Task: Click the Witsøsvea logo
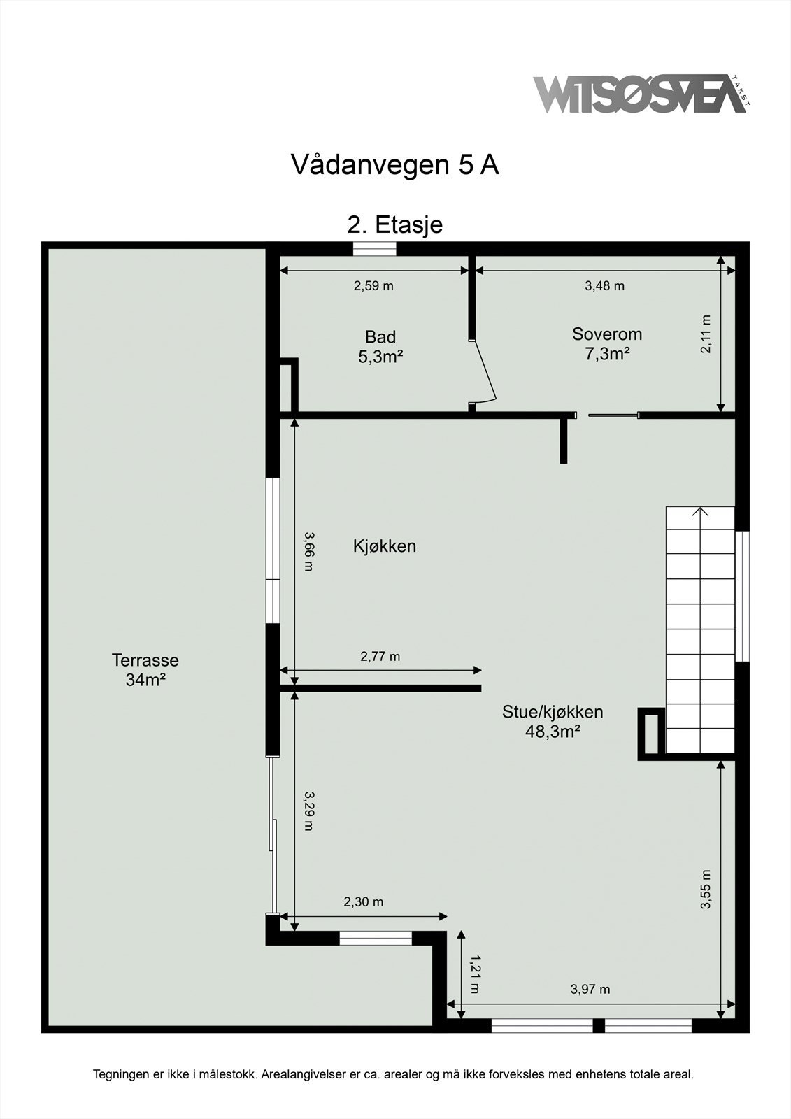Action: click(x=639, y=95)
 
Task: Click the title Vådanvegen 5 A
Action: click(x=394, y=165)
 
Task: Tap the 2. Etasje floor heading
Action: click(x=395, y=225)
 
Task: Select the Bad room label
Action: click(x=380, y=346)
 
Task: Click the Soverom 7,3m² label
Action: click(x=606, y=343)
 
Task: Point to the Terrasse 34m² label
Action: click(x=145, y=669)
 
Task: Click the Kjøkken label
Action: click(x=384, y=546)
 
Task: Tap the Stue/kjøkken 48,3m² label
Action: click(x=553, y=722)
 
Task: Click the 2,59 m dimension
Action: click(x=373, y=285)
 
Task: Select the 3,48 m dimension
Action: click(x=604, y=285)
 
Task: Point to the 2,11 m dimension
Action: click(x=706, y=334)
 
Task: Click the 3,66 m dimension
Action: click(x=308, y=551)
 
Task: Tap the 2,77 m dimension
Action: click(x=380, y=656)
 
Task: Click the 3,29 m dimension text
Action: click(x=308, y=811)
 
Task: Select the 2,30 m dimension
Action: click(x=363, y=902)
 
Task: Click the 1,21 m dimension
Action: click(x=475, y=974)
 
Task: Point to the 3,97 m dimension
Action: click(x=590, y=989)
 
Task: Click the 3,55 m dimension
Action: click(x=706, y=889)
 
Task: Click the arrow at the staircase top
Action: click(x=700, y=512)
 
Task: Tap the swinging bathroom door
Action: click(x=485, y=371)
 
